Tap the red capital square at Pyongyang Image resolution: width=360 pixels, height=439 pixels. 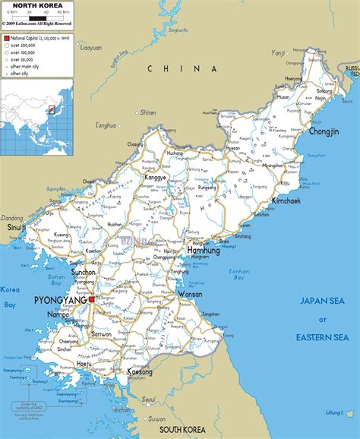point(91,300)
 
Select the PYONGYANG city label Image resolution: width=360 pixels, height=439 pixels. point(60,301)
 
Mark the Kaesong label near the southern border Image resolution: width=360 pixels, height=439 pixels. point(140,372)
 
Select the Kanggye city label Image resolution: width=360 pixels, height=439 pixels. point(155,178)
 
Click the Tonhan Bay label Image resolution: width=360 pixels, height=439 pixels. point(239,274)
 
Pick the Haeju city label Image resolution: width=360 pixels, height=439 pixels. point(85,364)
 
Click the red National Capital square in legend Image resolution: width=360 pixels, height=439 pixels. point(6,37)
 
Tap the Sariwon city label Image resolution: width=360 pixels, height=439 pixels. point(102,333)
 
